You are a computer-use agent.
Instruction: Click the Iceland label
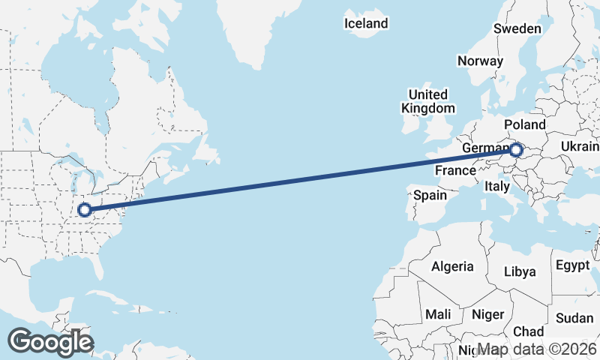pyautogui.click(x=366, y=23)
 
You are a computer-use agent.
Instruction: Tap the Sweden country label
pyautogui.click(x=517, y=28)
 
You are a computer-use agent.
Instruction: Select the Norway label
pyautogui.click(x=479, y=61)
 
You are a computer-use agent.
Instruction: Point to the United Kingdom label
pyautogui.click(x=427, y=101)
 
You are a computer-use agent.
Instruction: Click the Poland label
pyautogui.click(x=525, y=124)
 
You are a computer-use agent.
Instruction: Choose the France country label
pyautogui.click(x=455, y=170)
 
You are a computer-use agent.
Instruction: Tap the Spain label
pyautogui.click(x=430, y=196)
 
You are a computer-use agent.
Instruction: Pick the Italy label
pyautogui.click(x=497, y=185)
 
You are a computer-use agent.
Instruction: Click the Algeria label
pyautogui.click(x=452, y=266)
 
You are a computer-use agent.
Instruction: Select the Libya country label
pyautogui.click(x=520, y=271)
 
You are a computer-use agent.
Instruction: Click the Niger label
pyautogui.click(x=488, y=314)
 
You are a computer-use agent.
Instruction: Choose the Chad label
pyautogui.click(x=529, y=331)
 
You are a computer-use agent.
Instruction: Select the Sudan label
pyautogui.click(x=574, y=318)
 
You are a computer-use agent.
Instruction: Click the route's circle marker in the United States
pyautogui.click(x=85, y=210)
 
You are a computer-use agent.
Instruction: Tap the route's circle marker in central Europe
pyautogui.click(x=516, y=150)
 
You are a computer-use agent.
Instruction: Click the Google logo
pyautogui.click(x=50, y=342)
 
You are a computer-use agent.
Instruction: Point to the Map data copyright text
pyautogui.click(x=538, y=349)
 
